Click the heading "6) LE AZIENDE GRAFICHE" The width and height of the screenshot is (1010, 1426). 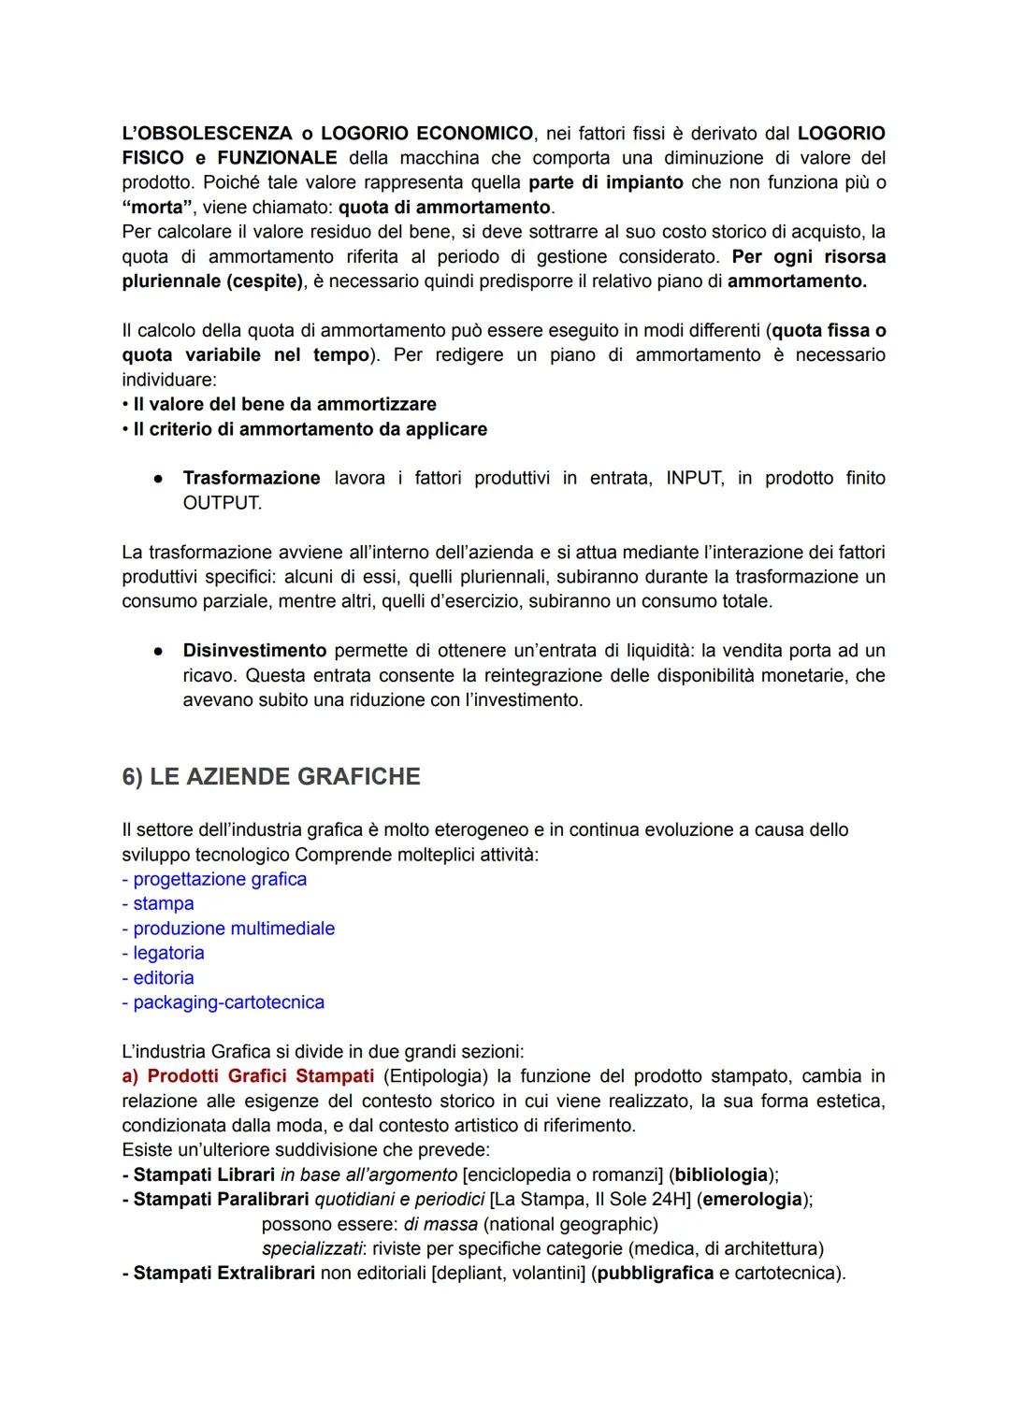coord(271,777)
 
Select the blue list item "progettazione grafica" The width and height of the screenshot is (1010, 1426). coord(220,879)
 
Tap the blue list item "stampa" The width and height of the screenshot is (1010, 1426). coord(163,903)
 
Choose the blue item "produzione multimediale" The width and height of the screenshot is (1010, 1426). coord(234,929)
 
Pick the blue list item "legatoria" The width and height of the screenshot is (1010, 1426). coord(168,953)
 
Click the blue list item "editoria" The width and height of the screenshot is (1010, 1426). coord(164,977)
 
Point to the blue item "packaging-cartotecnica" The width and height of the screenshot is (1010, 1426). coord(228,1002)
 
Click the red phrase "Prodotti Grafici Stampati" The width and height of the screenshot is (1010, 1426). coord(261,1076)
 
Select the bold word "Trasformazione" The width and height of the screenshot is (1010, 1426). coord(252,478)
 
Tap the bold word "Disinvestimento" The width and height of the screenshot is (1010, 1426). coord(254,650)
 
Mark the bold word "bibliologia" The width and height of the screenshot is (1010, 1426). coord(723,1174)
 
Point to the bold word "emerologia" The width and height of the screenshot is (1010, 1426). coord(752,1199)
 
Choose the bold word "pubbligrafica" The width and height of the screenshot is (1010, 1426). coord(656,1273)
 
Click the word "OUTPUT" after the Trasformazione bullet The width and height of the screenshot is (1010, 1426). coord(221,503)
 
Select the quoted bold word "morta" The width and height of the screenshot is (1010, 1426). coord(157,207)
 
